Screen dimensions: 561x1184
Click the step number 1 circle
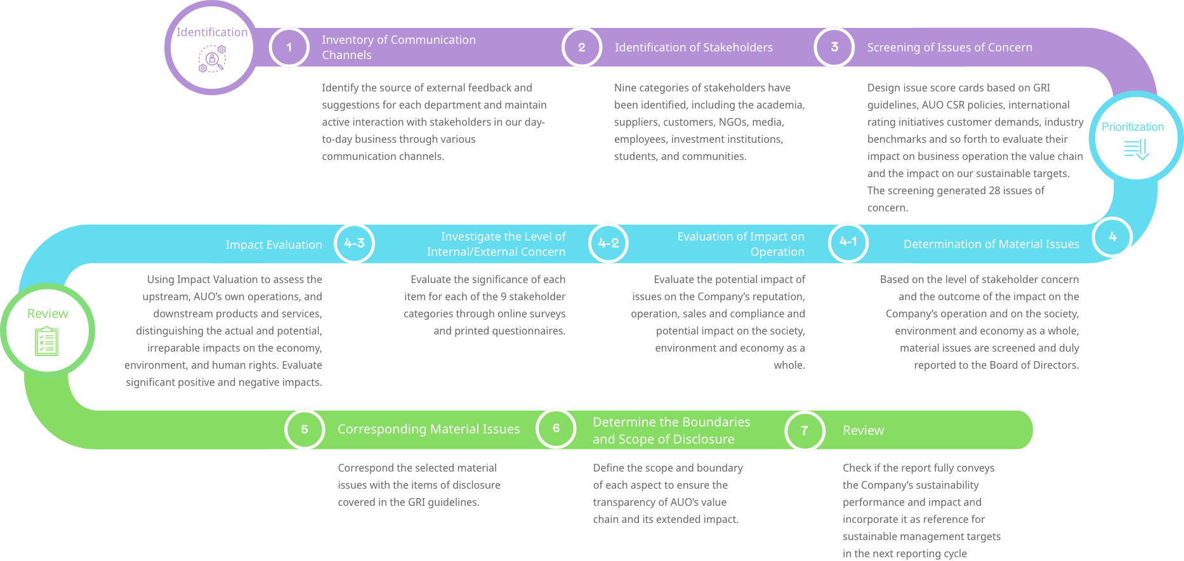pyautogui.click(x=289, y=47)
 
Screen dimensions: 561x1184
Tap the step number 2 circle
pyautogui.click(x=581, y=47)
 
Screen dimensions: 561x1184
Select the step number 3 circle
pyautogui.click(x=834, y=47)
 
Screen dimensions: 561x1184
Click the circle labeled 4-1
pyautogui.click(x=848, y=242)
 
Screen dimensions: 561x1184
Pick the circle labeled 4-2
pyautogui.click(x=608, y=243)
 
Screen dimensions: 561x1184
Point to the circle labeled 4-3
pyautogui.click(x=354, y=243)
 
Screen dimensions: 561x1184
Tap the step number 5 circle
pyautogui.click(x=305, y=430)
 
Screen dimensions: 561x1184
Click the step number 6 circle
pyautogui.click(x=556, y=428)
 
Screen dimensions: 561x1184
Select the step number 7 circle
pyautogui.click(x=805, y=431)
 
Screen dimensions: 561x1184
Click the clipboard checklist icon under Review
pyautogui.click(x=46, y=341)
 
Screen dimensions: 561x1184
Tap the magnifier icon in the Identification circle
pyautogui.click(x=213, y=60)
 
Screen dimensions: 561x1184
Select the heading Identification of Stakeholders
pyautogui.click(x=694, y=48)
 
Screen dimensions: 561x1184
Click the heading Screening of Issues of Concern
pyautogui.click(x=949, y=48)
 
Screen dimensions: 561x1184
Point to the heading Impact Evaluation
pyautogui.click(x=273, y=245)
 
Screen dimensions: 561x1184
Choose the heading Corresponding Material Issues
pyautogui.click(x=428, y=430)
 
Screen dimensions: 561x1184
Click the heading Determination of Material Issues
pyautogui.click(x=991, y=244)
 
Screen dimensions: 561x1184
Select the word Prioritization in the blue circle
pyautogui.click(x=1133, y=127)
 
